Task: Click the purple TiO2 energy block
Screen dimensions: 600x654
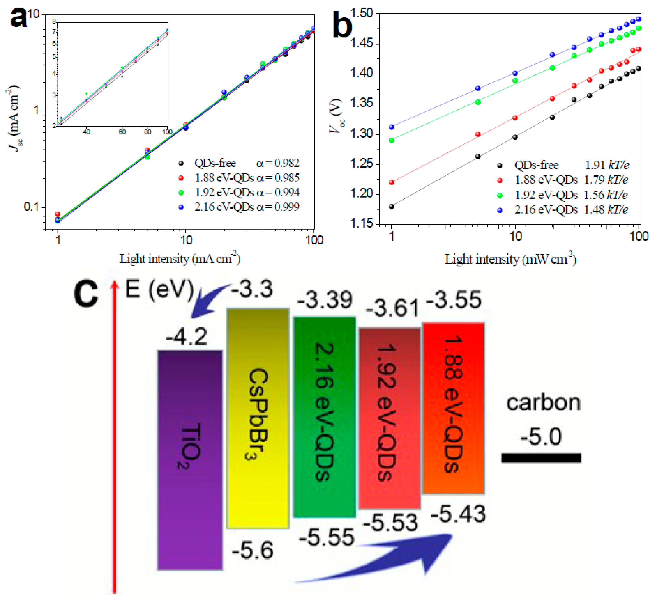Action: pyautogui.click(x=190, y=461)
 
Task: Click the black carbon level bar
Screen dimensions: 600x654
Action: pyautogui.click(x=541, y=458)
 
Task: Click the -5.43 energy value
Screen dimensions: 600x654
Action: pyautogui.click(x=458, y=514)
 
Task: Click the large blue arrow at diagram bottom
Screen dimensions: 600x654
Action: pyautogui.click(x=390, y=558)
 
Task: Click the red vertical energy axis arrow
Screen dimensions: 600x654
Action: pyautogui.click(x=114, y=438)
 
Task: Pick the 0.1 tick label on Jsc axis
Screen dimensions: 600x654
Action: pyautogui.click(x=32, y=207)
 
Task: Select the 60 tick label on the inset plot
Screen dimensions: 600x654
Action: pyautogui.click(x=122, y=132)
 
